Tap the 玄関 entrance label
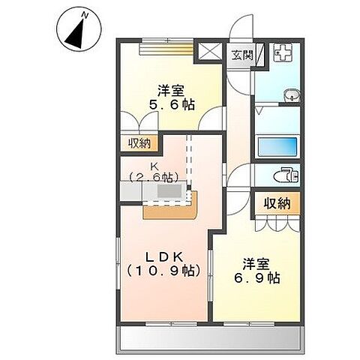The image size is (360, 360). click(241, 55)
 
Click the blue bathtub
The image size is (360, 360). click(277, 146)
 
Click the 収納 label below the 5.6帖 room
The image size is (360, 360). click(139, 142)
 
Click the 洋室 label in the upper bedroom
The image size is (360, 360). click(172, 91)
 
